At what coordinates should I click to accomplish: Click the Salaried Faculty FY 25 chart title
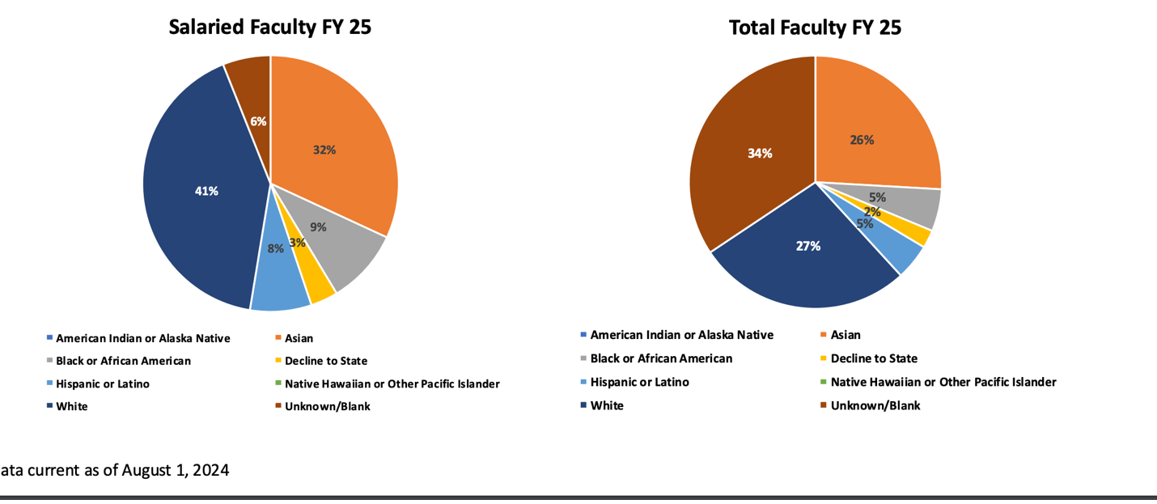coord(269,27)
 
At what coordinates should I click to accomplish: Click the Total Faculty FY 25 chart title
coord(815,28)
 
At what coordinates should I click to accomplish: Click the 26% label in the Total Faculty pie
coord(862,140)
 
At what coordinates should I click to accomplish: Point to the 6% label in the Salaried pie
coord(258,121)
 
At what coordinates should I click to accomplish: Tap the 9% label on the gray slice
coord(318,227)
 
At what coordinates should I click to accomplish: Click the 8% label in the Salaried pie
coord(276,249)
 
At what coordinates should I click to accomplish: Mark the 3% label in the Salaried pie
coord(297,242)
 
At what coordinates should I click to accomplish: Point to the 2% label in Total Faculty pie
coord(871,212)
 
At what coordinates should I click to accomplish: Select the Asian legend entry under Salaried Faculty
coord(299,339)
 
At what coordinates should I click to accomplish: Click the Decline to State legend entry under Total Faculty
coord(874,358)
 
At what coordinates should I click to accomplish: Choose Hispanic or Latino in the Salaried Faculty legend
coord(102,384)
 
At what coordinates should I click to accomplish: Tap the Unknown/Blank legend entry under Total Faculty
coord(875,405)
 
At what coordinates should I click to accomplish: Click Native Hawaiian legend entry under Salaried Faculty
coord(392,384)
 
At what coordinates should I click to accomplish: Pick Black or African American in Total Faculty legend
coord(661,358)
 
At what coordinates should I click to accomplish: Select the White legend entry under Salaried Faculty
coord(71,407)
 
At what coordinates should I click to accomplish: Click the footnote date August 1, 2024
coord(175,470)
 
